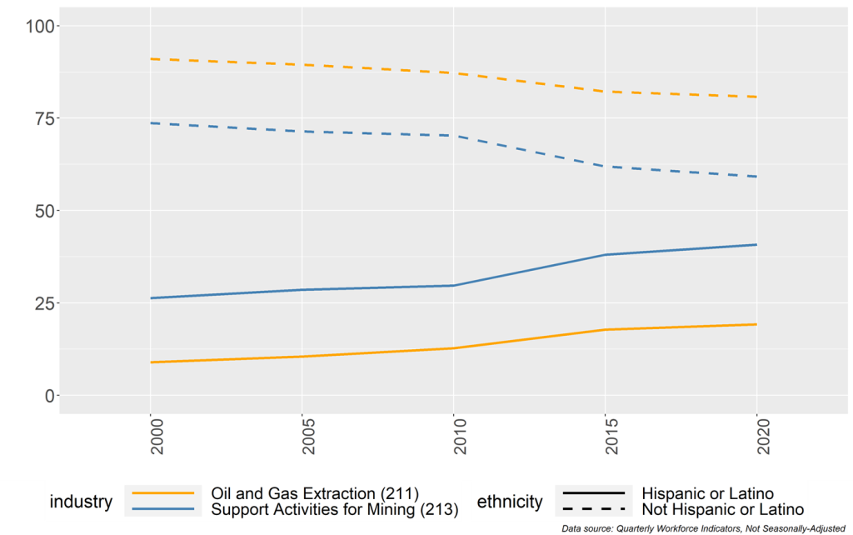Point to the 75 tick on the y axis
(42, 118)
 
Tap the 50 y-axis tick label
(42, 211)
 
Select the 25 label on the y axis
(42, 303)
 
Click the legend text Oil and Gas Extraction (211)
(314, 493)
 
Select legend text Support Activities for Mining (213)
(335, 508)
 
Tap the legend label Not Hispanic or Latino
(722, 508)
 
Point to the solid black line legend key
(595, 493)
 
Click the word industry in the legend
(81, 502)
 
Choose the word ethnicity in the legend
(509, 502)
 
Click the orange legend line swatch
(162, 493)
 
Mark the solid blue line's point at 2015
(606, 255)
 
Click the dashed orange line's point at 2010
(454, 73)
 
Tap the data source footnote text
(704, 528)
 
